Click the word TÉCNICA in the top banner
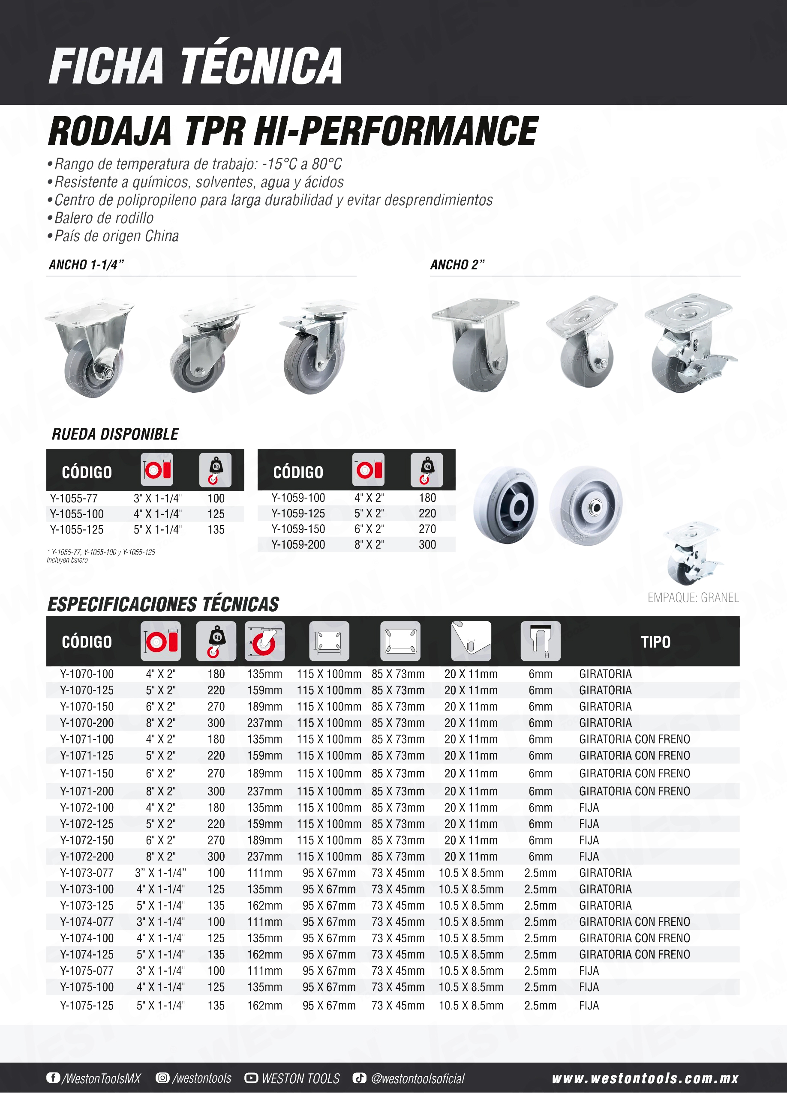(261, 66)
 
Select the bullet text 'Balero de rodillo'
(104, 218)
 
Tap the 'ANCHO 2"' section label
(457, 265)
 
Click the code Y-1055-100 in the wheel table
(77, 514)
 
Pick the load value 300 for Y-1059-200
(427, 544)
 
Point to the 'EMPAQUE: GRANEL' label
(693, 597)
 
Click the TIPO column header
(655, 642)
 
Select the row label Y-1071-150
(87, 773)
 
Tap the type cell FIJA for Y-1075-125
(589, 1006)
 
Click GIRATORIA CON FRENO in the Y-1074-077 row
(634, 922)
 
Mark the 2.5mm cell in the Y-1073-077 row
(540, 873)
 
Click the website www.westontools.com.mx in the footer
(645, 1078)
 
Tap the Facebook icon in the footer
(53, 1078)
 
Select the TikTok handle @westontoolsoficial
(418, 1078)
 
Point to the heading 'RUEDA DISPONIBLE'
(115, 434)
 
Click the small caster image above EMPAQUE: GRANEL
(693, 553)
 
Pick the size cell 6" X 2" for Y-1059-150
(369, 529)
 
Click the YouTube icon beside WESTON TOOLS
(251, 1078)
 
